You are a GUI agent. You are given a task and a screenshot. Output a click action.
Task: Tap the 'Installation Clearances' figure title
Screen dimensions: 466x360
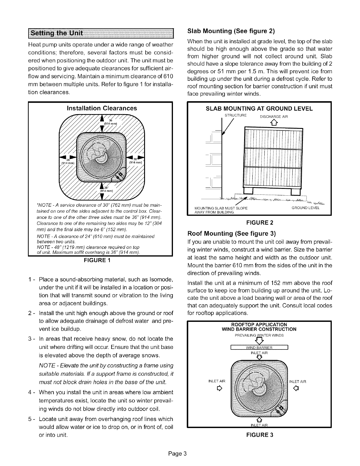(102, 108)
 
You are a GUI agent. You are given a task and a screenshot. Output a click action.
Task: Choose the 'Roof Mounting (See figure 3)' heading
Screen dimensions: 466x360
(232, 234)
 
